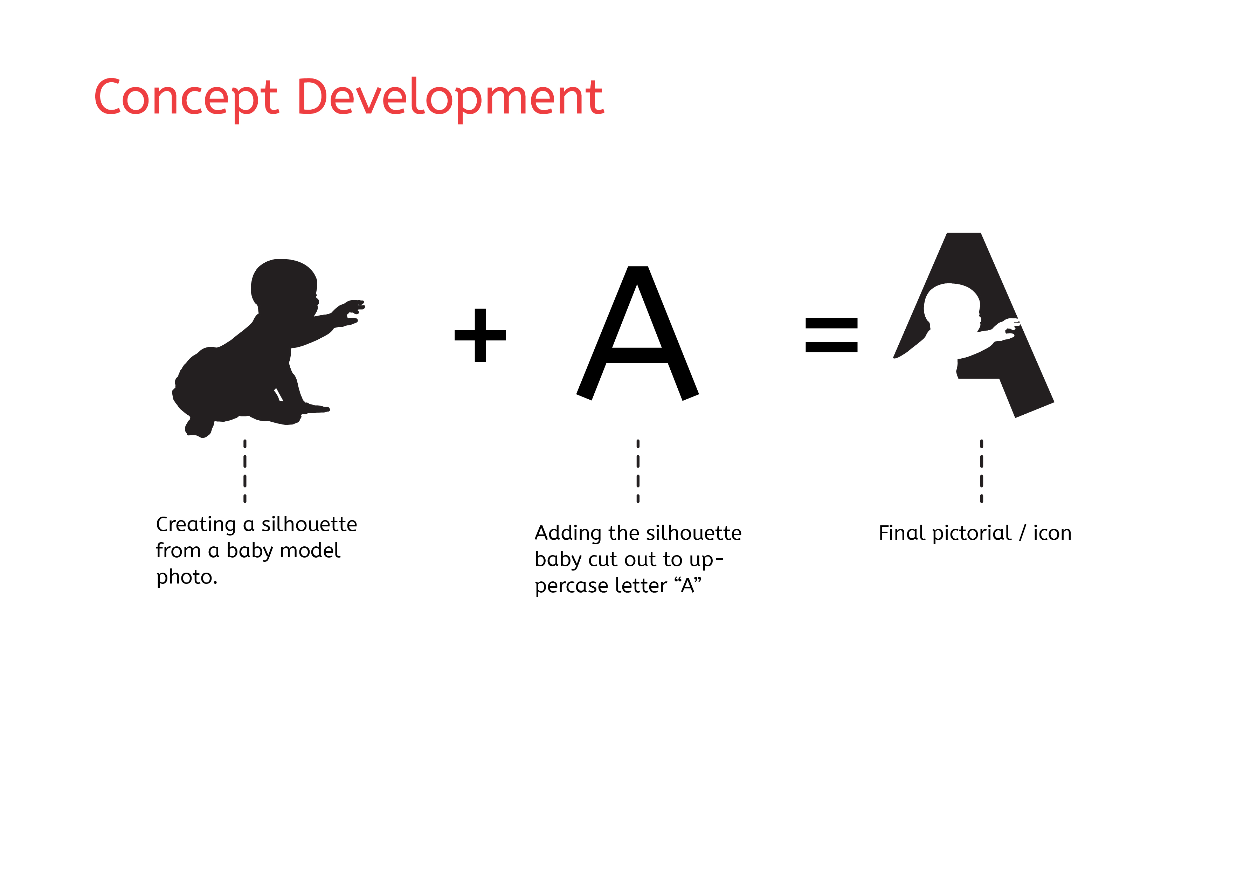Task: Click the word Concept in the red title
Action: point(186,98)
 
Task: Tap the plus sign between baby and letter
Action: point(480,335)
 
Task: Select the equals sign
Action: point(831,335)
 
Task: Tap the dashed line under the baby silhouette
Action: point(245,471)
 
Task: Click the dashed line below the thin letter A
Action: point(638,471)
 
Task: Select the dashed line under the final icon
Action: point(982,471)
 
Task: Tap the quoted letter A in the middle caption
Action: point(687,585)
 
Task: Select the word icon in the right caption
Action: point(1052,533)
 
